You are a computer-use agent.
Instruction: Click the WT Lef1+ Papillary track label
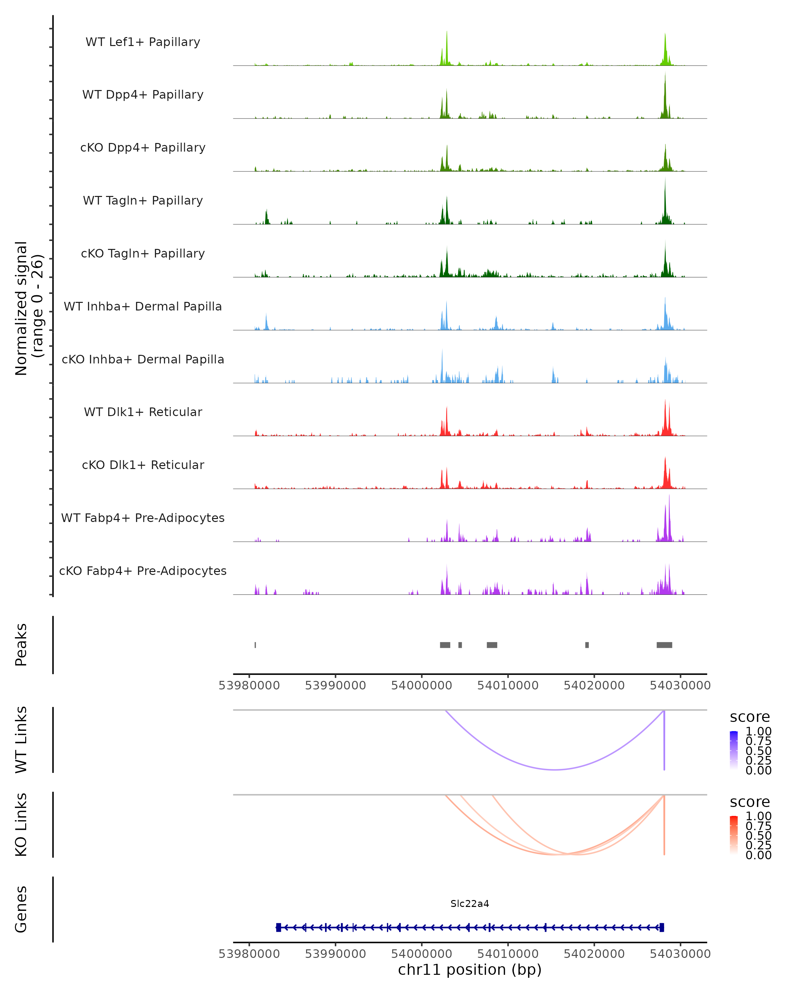(x=143, y=42)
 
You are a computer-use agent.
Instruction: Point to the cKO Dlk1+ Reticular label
(x=143, y=465)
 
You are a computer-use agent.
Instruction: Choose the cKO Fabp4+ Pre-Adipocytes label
(x=143, y=571)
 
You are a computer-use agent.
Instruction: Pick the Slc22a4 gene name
(x=470, y=904)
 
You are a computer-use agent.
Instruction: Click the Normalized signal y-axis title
(x=28, y=308)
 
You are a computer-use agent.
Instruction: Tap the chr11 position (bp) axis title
(x=470, y=969)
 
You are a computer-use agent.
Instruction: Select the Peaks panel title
(x=21, y=645)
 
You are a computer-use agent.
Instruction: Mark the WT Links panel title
(x=21, y=739)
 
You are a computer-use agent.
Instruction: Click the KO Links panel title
(x=21, y=825)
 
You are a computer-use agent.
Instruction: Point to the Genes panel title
(x=21, y=909)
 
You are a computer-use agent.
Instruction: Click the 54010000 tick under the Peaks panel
(x=508, y=686)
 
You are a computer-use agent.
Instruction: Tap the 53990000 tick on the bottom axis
(x=336, y=953)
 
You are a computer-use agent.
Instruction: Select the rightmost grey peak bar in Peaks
(x=664, y=645)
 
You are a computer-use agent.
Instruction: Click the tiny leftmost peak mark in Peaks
(x=255, y=645)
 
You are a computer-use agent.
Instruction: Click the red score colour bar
(x=734, y=835)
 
